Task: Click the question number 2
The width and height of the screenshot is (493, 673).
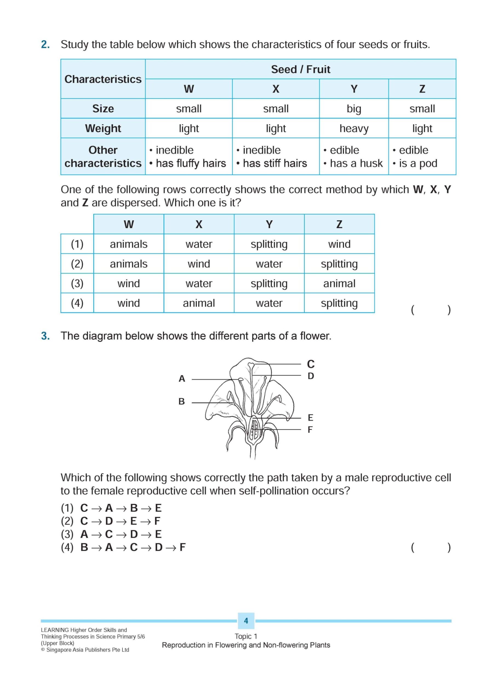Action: pyautogui.click(x=45, y=45)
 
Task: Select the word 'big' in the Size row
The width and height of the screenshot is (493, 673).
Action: pyautogui.click(x=354, y=109)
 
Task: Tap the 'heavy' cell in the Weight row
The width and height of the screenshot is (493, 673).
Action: pyautogui.click(x=354, y=129)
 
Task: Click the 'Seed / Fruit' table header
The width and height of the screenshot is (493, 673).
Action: pyautogui.click(x=300, y=69)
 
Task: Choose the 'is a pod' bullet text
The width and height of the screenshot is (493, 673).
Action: pyautogui.click(x=418, y=163)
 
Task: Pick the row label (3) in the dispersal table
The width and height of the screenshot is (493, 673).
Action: pyautogui.click(x=77, y=283)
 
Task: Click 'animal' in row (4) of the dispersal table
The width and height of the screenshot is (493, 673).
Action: pyautogui.click(x=199, y=303)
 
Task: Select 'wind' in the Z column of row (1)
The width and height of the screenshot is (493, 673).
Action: pyautogui.click(x=339, y=244)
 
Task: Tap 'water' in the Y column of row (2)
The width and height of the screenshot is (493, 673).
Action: pyautogui.click(x=269, y=264)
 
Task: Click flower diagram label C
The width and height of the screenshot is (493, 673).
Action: pyautogui.click(x=311, y=364)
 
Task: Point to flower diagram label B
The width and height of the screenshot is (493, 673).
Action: pyautogui.click(x=181, y=402)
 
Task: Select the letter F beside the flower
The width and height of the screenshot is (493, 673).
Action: pyautogui.click(x=310, y=430)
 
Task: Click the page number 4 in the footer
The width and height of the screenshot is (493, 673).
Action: pyautogui.click(x=246, y=620)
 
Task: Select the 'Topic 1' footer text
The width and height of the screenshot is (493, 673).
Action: pyautogui.click(x=246, y=636)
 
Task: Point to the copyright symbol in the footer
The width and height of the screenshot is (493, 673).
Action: pyautogui.click(x=43, y=650)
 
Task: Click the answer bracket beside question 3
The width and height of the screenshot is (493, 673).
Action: pyautogui.click(x=431, y=547)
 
